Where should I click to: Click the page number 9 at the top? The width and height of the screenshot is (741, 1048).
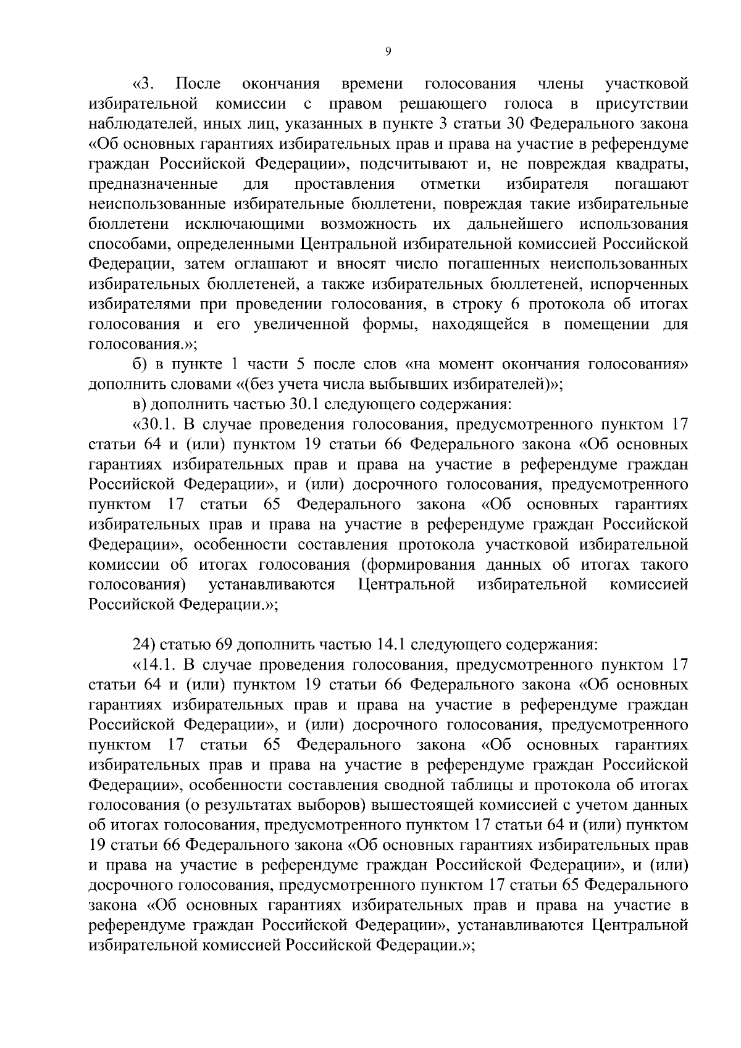click(387, 52)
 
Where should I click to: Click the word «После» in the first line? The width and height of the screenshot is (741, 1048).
click(198, 83)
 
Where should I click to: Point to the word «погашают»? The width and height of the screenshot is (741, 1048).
click(651, 184)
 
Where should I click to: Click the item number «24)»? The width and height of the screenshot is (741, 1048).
click(144, 645)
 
